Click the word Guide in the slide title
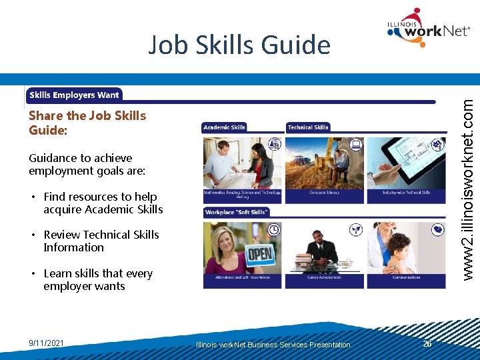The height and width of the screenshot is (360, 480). click(x=297, y=45)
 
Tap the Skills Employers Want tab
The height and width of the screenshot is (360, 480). click(x=74, y=95)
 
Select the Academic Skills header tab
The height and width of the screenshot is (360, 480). click(x=225, y=127)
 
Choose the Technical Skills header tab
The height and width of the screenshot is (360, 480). click(x=308, y=127)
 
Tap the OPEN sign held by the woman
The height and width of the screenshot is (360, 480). click(x=259, y=254)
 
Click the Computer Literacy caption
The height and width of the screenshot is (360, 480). click(x=325, y=193)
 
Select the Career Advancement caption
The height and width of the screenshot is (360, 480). click(x=325, y=277)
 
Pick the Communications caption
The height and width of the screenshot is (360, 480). click(x=406, y=277)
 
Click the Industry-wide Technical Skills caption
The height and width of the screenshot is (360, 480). click(x=406, y=193)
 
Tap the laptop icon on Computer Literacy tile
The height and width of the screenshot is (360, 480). click(x=355, y=144)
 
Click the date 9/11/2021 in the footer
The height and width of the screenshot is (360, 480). click(x=47, y=343)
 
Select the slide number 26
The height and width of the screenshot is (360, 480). click(x=427, y=343)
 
